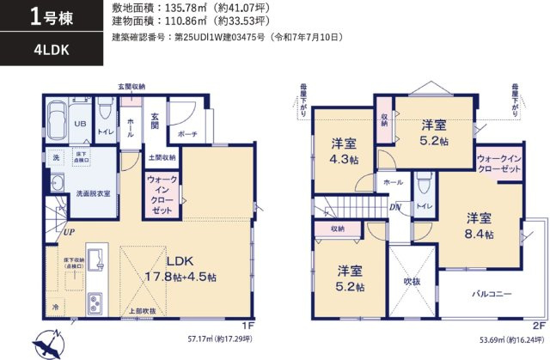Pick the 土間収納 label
[161, 158]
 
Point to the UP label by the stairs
[66, 232]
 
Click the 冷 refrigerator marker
[56, 306]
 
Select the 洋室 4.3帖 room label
[345, 151]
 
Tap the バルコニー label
[491, 293]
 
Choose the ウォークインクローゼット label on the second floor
[498, 165]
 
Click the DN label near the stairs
[394, 207]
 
